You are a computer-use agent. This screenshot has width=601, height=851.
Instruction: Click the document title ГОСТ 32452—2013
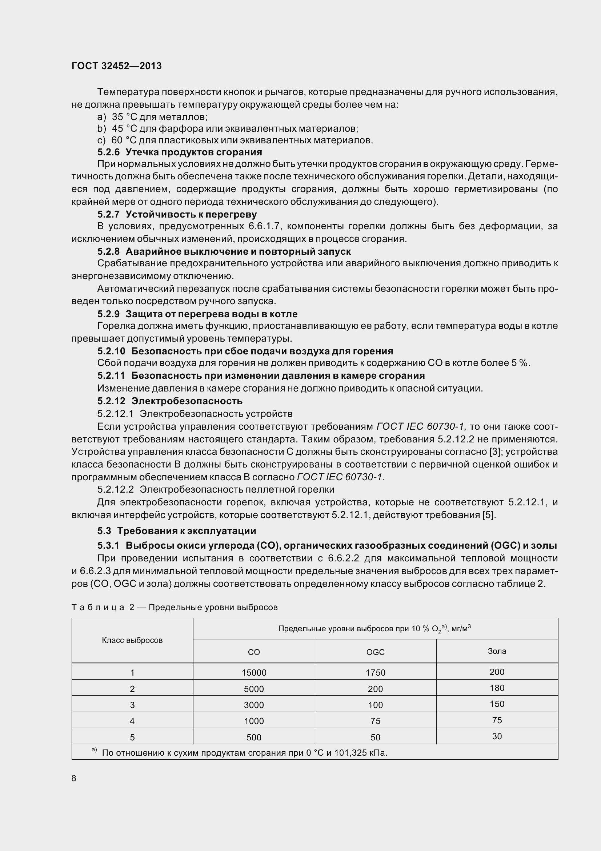click(x=117, y=66)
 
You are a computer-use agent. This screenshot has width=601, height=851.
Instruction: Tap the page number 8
click(x=74, y=778)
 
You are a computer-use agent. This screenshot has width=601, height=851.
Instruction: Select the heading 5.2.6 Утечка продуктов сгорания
click(x=180, y=152)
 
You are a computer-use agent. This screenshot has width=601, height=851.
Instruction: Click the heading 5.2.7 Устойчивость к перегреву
click(x=177, y=214)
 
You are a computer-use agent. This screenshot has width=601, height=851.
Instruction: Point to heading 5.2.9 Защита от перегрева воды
click(x=197, y=314)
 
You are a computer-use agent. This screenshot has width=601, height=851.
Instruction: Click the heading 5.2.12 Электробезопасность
click(x=170, y=401)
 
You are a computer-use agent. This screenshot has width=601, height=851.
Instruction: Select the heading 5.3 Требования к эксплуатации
click(x=177, y=531)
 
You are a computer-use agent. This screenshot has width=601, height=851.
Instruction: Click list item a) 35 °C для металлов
click(x=152, y=117)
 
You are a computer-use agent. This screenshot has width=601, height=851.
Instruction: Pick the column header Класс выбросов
click(x=132, y=640)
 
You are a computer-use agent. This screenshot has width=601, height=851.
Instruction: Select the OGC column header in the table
click(x=375, y=652)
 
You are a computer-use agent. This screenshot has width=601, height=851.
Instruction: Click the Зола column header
click(x=497, y=651)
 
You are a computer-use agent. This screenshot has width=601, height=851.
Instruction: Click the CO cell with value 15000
click(x=254, y=672)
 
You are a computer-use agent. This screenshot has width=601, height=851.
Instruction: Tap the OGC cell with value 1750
click(x=375, y=672)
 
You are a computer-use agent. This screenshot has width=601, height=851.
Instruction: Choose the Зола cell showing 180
click(x=497, y=688)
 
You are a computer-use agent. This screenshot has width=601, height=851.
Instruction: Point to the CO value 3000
click(x=254, y=705)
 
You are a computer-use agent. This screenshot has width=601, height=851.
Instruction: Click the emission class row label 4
click(x=132, y=721)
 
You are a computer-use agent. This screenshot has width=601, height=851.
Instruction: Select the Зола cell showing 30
click(x=497, y=736)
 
